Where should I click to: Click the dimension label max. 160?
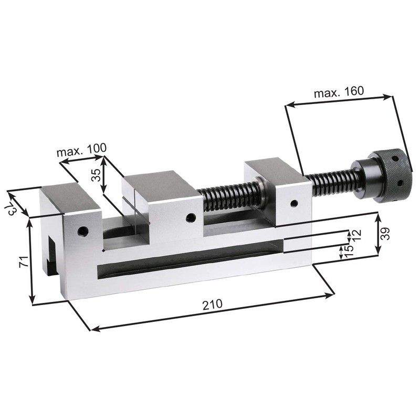(x=339, y=92)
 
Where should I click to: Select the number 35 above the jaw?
(x=96, y=175)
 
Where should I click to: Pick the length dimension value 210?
(x=212, y=304)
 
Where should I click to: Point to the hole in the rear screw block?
(x=294, y=203)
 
